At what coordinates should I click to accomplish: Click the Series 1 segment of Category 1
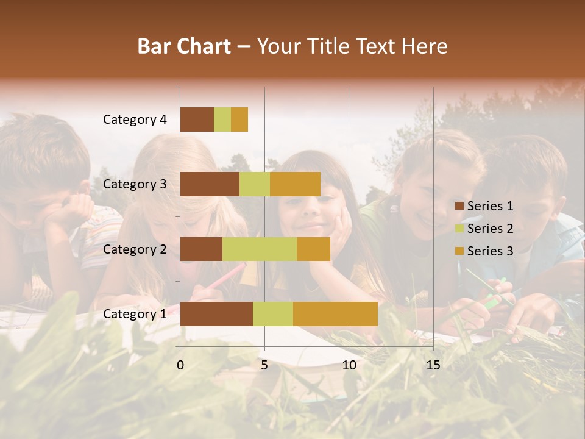pyautogui.click(x=216, y=313)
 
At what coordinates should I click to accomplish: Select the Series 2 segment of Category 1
pyautogui.click(x=272, y=313)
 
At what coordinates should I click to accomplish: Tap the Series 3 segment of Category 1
pyautogui.click(x=335, y=313)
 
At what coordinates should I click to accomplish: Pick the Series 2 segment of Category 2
pyautogui.click(x=259, y=249)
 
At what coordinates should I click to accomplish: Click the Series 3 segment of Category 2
pyautogui.click(x=313, y=249)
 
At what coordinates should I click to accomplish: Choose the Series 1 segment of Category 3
pyautogui.click(x=210, y=184)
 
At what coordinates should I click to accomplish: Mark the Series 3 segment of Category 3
pyautogui.click(x=295, y=184)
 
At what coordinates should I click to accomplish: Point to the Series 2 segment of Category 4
pyautogui.click(x=222, y=120)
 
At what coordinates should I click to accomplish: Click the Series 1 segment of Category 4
pyautogui.click(x=197, y=120)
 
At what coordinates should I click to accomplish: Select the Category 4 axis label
pyautogui.click(x=135, y=120)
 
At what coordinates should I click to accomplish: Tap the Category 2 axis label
pyautogui.click(x=135, y=249)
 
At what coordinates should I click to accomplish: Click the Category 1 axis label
pyautogui.click(x=135, y=314)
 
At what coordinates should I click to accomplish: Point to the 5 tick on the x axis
pyautogui.click(x=264, y=365)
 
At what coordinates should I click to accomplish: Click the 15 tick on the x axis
pyautogui.click(x=433, y=365)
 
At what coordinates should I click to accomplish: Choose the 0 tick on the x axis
pyautogui.click(x=180, y=365)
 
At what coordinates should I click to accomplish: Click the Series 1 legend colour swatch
pyautogui.click(x=459, y=206)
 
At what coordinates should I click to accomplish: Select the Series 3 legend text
pyautogui.click(x=490, y=251)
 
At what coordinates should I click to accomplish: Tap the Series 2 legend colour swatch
pyautogui.click(x=459, y=229)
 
